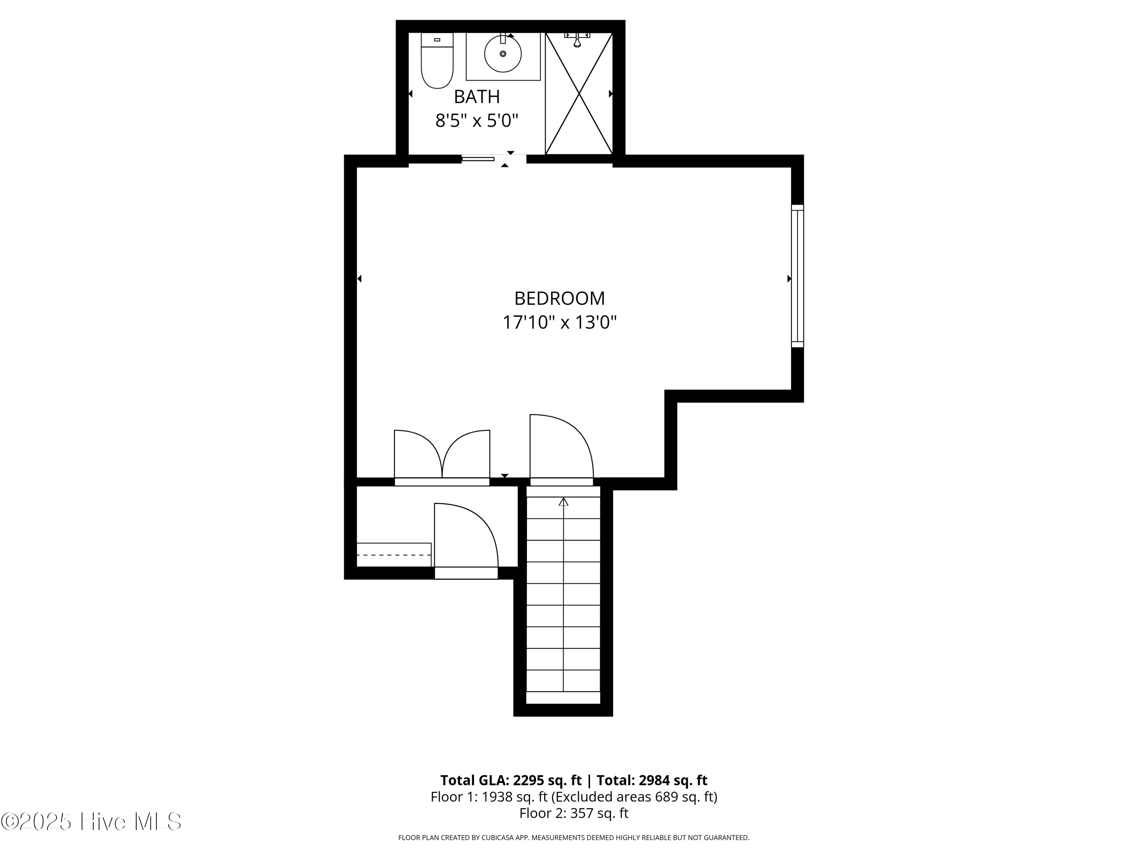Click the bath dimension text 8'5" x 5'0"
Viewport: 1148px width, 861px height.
pos(476,121)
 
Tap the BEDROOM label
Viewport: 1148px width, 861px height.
pos(559,298)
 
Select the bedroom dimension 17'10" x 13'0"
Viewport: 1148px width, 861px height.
pos(559,323)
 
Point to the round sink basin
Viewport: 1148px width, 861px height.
pos(502,54)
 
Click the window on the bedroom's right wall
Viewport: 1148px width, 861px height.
pos(797,276)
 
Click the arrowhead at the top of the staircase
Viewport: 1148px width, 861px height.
pos(563,501)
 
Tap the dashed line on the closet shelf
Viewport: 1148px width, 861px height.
pos(393,555)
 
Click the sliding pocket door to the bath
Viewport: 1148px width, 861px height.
pos(478,159)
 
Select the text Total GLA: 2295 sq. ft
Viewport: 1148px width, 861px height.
pos(511,781)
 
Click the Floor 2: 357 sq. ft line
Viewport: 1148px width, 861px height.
pos(574,813)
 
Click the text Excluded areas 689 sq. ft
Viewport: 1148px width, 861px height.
pos(633,797)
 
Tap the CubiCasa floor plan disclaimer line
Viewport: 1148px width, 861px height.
pos(574,838)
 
